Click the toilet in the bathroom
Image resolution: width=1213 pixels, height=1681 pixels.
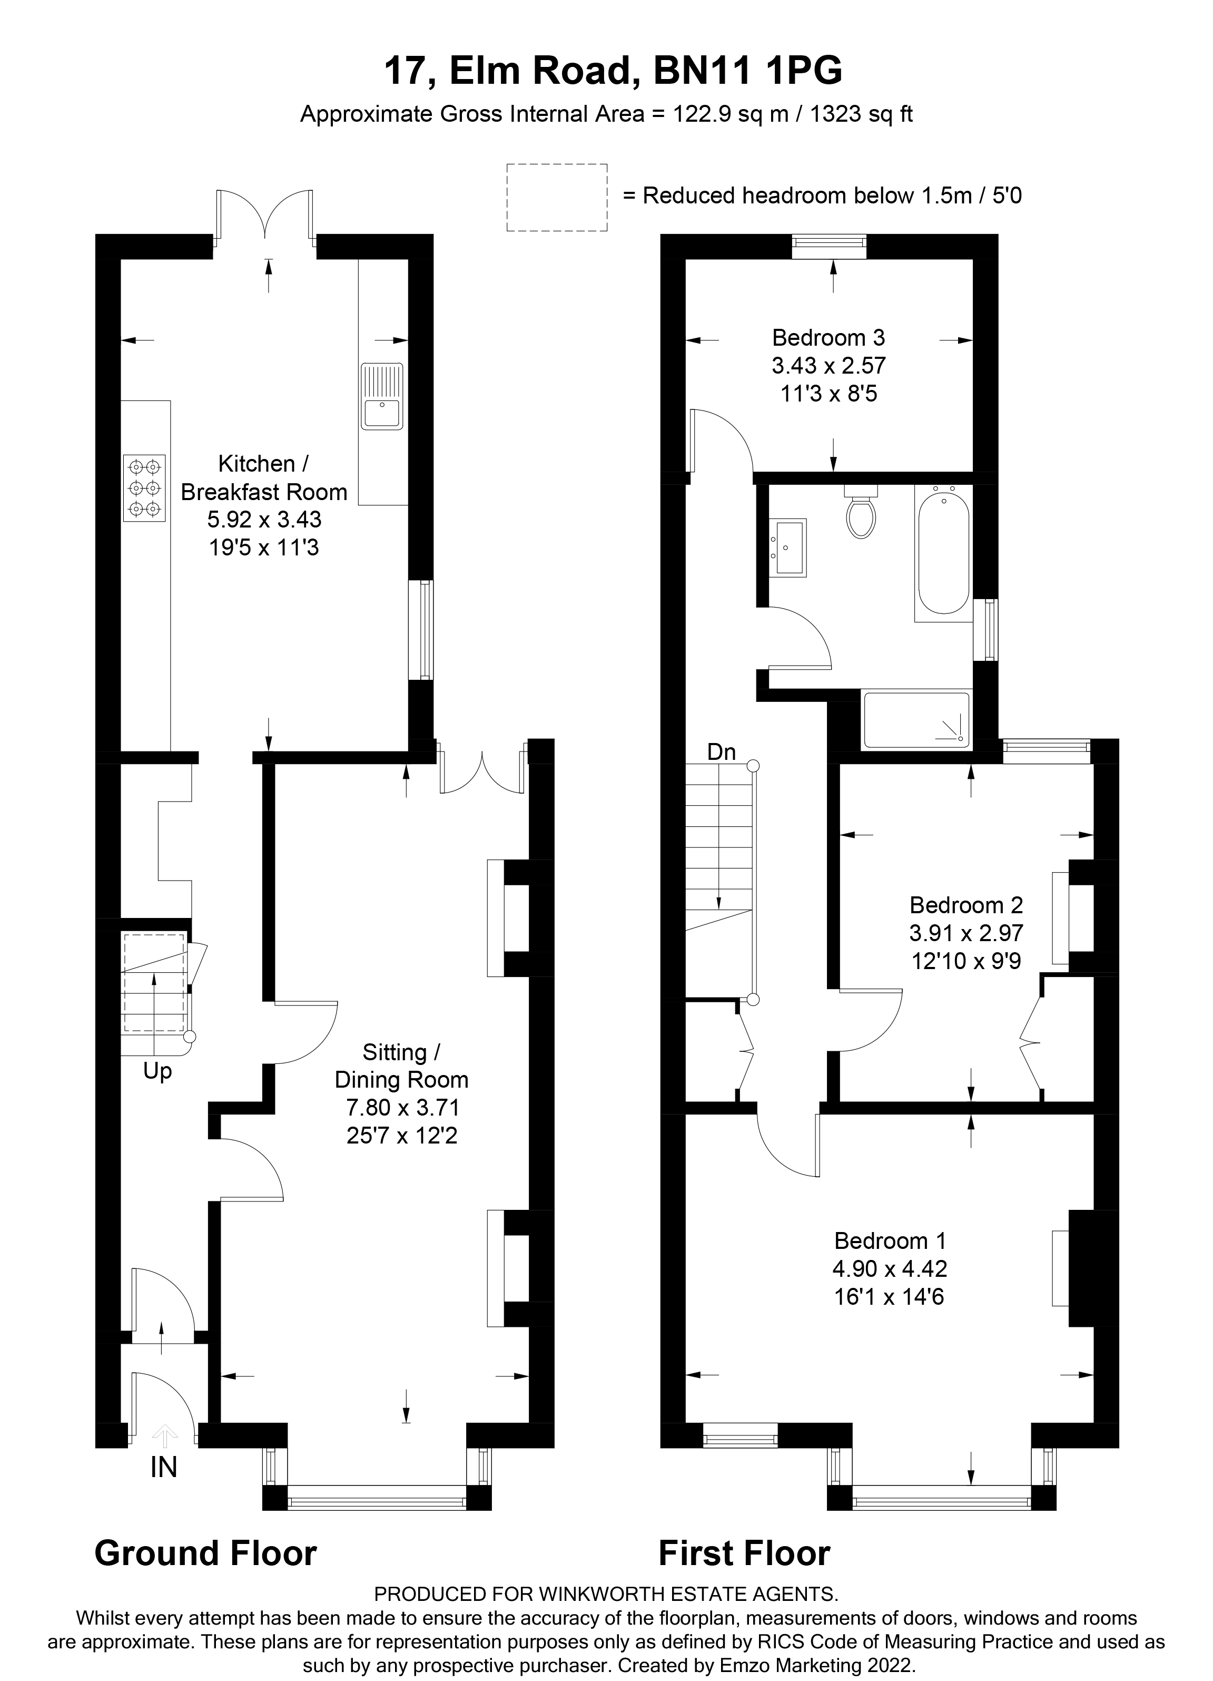860,514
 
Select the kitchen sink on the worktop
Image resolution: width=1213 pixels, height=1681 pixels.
382,397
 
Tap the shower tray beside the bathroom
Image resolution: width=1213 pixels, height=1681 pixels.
916,720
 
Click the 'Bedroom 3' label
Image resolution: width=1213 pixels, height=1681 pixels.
829,338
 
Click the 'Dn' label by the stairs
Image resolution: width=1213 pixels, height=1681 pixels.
721,752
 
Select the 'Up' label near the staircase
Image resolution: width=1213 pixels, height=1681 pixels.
157,1071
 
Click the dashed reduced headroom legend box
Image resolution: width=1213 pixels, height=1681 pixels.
557,197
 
